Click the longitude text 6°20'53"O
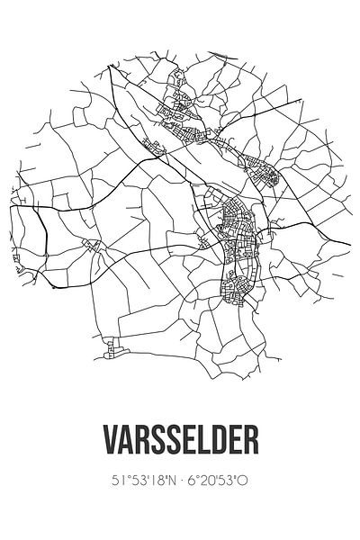(x=220, y=481)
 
